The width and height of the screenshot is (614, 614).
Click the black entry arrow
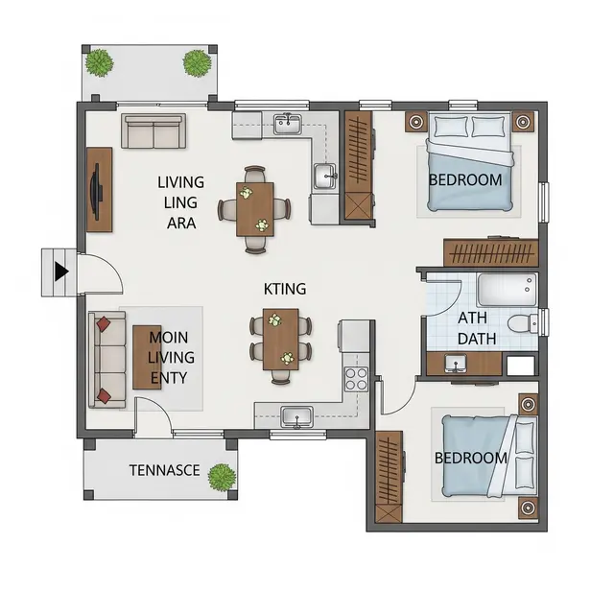61,272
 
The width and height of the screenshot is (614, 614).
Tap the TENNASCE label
164,470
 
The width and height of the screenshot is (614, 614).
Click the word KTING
285,289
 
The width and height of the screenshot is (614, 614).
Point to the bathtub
507,290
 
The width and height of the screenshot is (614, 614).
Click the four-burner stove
356,379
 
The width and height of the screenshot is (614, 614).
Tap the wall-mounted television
96,190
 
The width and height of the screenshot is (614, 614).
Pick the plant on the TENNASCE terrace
222,478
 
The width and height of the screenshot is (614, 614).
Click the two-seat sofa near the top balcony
153,131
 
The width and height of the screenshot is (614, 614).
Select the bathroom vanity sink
456,364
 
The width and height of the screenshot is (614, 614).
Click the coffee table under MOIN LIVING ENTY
147,357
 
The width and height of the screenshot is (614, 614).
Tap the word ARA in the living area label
181,224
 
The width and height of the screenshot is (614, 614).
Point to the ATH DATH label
476,328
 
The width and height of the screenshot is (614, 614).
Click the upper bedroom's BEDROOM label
465,180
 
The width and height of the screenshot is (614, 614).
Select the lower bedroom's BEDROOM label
471,459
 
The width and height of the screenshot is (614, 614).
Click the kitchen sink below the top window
288,124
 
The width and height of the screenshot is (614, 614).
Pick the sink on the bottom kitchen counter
296,416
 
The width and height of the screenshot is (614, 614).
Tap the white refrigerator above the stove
354,336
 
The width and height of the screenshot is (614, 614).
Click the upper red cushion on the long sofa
104,324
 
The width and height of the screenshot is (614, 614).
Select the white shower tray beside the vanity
521,366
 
